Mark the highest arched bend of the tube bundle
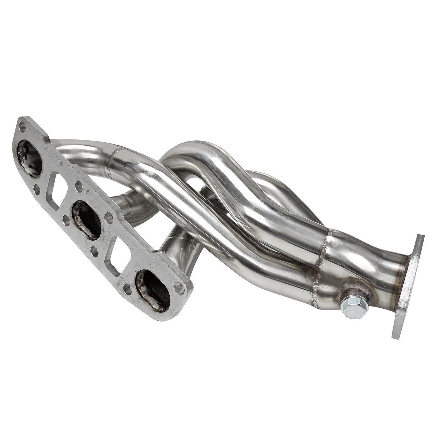pyautogui.click(x=193, y=151)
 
